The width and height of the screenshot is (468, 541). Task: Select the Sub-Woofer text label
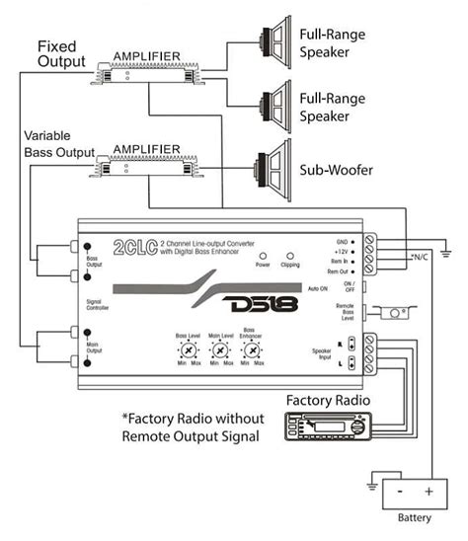(337, 170)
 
